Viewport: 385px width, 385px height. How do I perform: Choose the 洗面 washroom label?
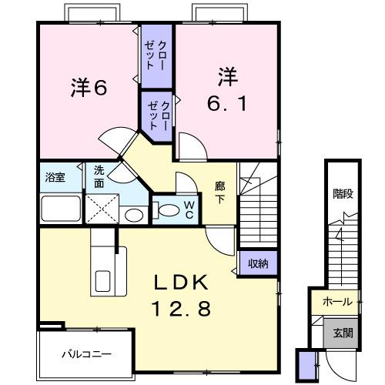(101, 177)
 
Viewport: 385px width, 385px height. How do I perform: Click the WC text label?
(188, 209)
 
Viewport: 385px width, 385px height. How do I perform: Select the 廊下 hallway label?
(219, 192)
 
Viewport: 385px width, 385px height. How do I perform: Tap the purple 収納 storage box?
(257, 264)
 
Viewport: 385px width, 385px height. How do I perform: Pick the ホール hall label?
(337, 301)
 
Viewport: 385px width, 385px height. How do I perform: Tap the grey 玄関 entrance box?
(343, 333)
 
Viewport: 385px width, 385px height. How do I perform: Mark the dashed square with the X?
(101, 207)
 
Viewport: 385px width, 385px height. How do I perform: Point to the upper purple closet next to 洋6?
(156, 54)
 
